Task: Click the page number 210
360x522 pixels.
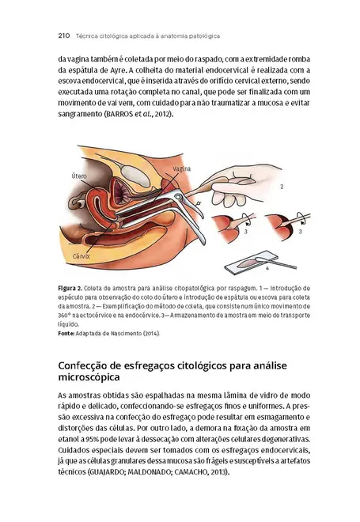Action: tap(66, 36)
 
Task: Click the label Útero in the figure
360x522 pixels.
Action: tap(80, 174)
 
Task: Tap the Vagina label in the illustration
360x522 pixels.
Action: tap(182, 169)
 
